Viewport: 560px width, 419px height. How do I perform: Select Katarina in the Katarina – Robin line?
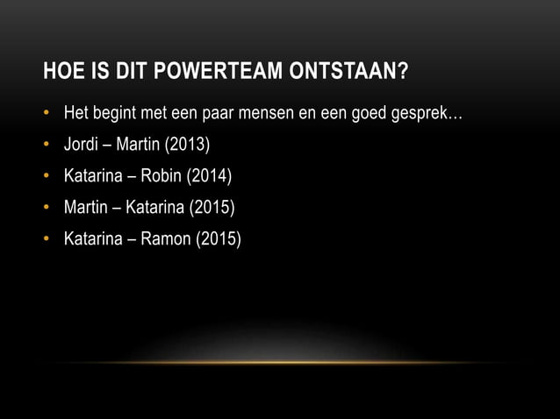91,177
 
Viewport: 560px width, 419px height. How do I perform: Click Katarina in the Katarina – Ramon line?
91,239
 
